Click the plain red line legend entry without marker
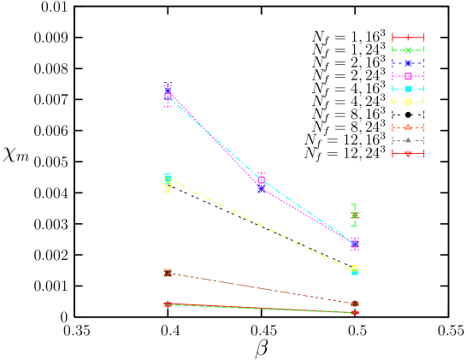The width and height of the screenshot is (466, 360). tap(408, 38)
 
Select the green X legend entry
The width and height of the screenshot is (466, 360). tap(408, 50)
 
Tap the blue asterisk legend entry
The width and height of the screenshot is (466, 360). tap(408, 63)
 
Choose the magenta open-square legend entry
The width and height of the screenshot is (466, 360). tap(408, 76)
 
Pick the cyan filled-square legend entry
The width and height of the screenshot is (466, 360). tap(408, 89)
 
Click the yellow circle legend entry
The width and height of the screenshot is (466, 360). tap(408, 102)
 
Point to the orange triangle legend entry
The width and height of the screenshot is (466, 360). tap(408, 127)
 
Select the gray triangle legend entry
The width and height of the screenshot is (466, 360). tap(408, 140)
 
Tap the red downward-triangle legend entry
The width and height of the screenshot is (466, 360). tap(408, 154)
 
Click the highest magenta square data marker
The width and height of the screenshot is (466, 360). tap(168, 97)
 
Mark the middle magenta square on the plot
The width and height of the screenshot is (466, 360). tap(262, 181)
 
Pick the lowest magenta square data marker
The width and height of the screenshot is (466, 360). tap(355, 244)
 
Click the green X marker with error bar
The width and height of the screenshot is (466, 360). tap(355, 215)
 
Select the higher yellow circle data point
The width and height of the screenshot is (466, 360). tap(168, 182)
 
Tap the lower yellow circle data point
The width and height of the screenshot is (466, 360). tap(355, 269)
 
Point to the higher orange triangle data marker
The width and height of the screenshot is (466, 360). tap(168, 273)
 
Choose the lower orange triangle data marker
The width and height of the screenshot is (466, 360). tap(355, 304)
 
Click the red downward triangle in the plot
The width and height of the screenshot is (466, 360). tap(355, 313)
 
